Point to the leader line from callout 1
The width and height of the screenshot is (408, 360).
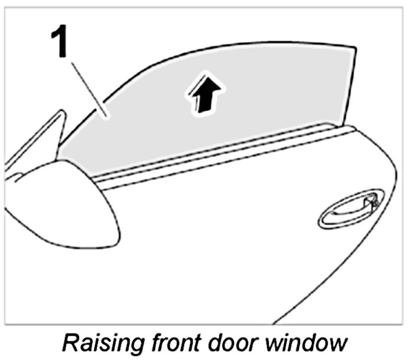[x=86, y=87]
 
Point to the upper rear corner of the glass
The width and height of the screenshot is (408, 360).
[x=356, y=48]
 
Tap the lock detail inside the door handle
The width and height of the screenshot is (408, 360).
[x=370, y=203]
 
